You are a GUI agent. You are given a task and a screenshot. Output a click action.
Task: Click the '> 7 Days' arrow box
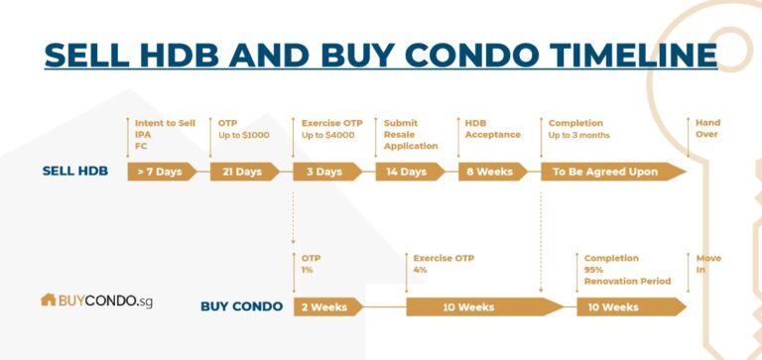[x=159, y=172]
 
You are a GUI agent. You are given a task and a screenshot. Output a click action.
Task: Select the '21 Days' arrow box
[x=242, y=172]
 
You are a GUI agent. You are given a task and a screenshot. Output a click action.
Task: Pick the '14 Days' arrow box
[x=407, y=172]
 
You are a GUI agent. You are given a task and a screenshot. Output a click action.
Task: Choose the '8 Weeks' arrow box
[x=490, y=172]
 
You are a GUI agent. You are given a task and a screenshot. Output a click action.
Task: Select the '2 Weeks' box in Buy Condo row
[x=325, y=306]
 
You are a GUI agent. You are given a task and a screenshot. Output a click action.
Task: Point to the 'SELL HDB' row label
[x=75, y=171]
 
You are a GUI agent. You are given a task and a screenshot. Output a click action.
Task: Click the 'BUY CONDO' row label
[x=241, y=306]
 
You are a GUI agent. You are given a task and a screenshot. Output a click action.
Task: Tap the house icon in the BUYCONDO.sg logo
[x=49, y=299]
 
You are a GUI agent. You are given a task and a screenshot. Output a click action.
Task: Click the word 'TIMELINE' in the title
[x=616, y=54]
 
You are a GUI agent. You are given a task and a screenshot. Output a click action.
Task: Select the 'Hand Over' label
[x=707, y=129]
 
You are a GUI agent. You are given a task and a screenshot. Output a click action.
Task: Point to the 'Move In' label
[x=708, y=264]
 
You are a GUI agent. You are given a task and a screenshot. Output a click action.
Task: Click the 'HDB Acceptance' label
[x=492, y=129]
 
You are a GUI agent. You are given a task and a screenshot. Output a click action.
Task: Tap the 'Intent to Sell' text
[x=165, y=123]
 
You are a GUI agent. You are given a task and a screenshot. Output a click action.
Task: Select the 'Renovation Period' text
[x=627, y=281]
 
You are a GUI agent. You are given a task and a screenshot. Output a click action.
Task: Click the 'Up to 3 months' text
[x=579, y=135]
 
